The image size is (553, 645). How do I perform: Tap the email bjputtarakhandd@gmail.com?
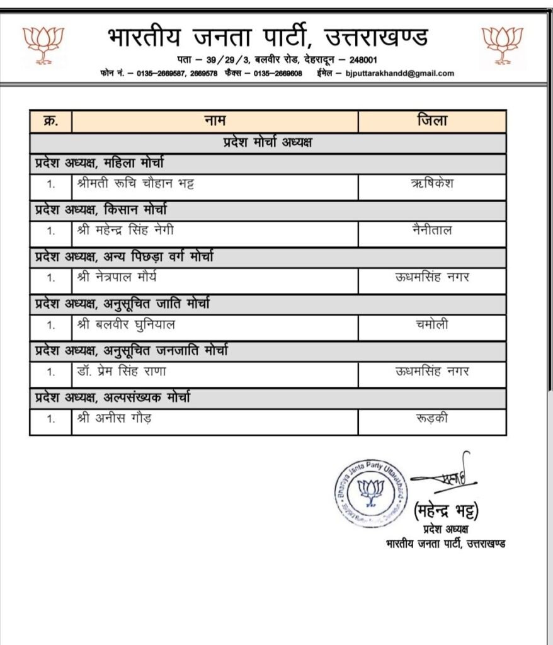tap(400, 73)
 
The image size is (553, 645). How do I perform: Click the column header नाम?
tap(214, 120)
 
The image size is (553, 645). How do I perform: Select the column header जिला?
tap(431, 120)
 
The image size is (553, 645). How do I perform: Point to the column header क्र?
tap(50, 120)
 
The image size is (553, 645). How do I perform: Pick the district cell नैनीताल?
tap(431, 231)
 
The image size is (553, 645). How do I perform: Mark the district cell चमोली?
tap(431, 325)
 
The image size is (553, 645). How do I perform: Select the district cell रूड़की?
tap(431, 418)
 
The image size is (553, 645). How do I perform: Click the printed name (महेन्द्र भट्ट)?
tap(447, 510)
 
